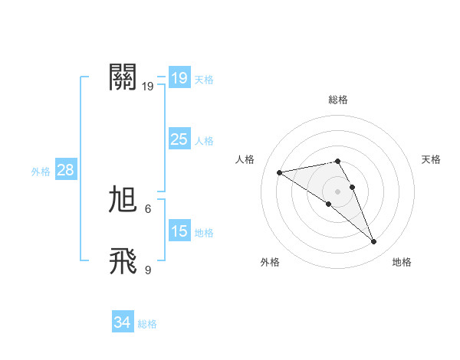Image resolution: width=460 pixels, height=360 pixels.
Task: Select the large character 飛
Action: tap(123, 261)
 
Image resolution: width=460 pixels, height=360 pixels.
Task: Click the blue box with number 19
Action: tap(179, 77)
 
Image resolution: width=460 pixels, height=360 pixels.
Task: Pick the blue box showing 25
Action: tap(179, 139)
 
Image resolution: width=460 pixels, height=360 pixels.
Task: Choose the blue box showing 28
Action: tap(65, 170)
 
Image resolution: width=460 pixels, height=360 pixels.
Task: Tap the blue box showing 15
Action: tap(179, 231)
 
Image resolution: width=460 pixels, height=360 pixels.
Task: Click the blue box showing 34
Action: tap(122, 322)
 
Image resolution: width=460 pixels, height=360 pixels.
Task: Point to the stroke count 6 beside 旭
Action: tap(148, 208)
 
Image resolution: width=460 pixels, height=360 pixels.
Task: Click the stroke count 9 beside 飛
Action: tap(148, 270)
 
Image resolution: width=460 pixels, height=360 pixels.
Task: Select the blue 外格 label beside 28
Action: tap(41, 172)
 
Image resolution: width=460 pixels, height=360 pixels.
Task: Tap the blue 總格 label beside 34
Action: tap(147, 324)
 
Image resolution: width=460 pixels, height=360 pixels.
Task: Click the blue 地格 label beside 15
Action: tap(204, 233)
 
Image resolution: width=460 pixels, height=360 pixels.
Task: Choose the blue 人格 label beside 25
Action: tap(204, 141)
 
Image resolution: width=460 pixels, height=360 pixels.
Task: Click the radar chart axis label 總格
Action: tap(338, 100)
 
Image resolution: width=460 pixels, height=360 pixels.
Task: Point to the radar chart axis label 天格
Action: tap(431, 159)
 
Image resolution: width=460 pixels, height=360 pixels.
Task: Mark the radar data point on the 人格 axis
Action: tap(280, 172)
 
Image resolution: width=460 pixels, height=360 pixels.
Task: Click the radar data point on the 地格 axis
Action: tap(374, 242)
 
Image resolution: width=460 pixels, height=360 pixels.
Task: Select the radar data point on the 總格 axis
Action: tap(338, 161)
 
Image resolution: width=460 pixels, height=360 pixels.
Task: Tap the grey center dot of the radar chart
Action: tap(338, 191)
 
